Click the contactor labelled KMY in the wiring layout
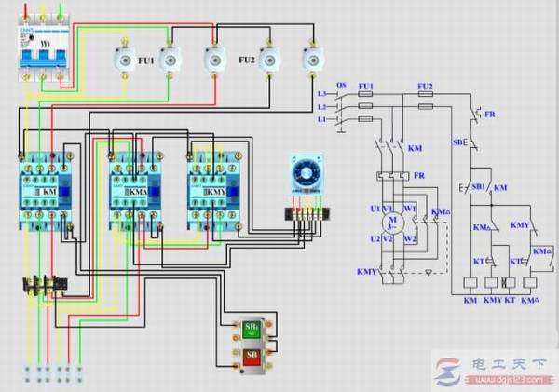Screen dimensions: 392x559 click(x=215, y=190)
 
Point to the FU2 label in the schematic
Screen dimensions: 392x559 click(x=426, y=86)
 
